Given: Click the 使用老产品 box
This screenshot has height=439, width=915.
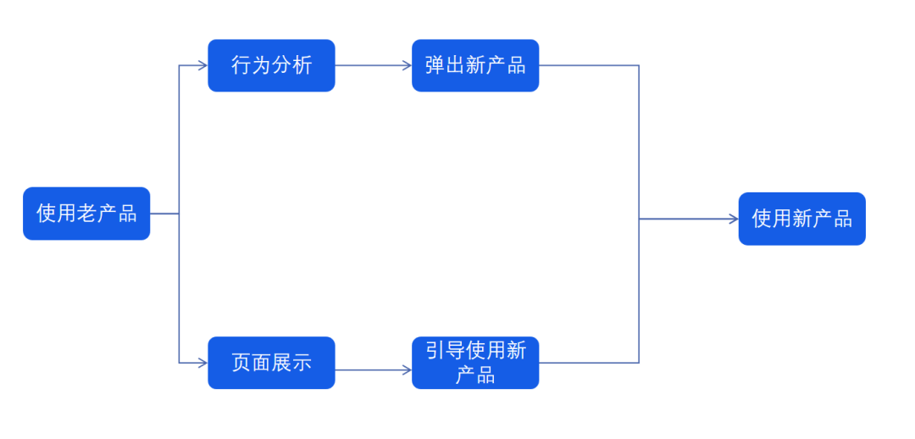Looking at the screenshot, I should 86,214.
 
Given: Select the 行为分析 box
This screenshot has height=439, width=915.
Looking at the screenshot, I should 271,65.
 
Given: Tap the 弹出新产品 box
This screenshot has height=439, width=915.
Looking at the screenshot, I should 475,65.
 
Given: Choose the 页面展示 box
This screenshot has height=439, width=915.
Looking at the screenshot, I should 271,363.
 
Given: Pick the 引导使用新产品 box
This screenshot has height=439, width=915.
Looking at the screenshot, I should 475,363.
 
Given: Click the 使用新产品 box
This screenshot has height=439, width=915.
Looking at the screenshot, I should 801,219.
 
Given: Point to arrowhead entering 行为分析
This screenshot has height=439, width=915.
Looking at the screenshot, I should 202,65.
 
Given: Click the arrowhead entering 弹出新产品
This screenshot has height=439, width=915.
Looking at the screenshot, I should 407,65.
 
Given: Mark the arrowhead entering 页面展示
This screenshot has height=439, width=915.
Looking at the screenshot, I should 202,363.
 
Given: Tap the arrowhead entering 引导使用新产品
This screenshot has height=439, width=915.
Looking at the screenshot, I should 407,370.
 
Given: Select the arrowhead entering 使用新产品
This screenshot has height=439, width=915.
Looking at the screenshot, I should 734,219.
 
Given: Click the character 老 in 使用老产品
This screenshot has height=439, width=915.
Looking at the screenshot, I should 87,214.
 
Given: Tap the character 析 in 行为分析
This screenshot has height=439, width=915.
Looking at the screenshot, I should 302,65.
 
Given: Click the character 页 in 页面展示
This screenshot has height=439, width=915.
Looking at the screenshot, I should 241,363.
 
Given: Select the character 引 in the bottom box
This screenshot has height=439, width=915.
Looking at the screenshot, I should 435,351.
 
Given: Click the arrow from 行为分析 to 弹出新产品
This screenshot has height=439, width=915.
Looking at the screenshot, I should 373,65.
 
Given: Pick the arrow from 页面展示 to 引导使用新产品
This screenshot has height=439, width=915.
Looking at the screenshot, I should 373,370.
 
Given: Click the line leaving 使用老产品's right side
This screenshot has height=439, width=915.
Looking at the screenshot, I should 164,214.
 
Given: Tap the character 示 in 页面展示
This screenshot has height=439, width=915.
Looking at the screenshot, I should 302,363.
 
